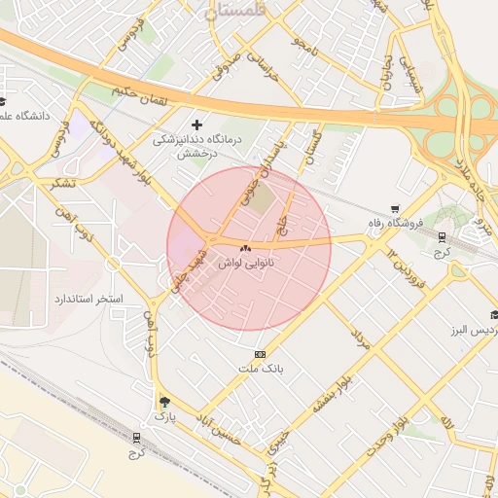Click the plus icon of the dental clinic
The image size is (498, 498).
(x=197, y=125)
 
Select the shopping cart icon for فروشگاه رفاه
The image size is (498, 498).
(x=395, y=208)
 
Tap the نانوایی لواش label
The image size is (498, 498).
(x=259, y=264)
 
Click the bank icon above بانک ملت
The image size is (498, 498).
(x=260, y=354)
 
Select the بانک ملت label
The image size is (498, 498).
(x=260, y=370)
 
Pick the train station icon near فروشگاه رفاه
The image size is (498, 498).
(x=443, y=236)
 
